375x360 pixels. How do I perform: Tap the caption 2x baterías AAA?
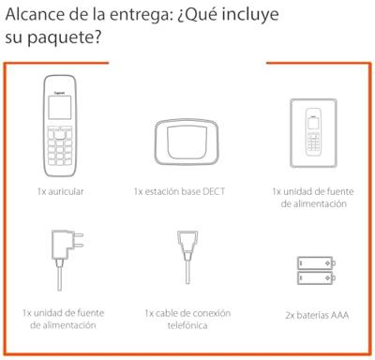(x=316, y=316)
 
